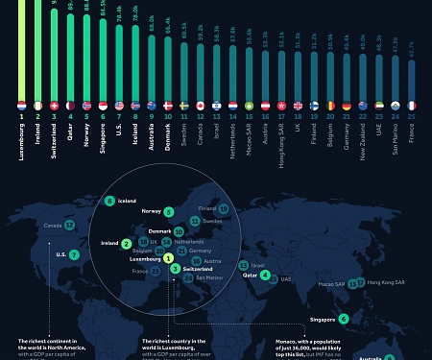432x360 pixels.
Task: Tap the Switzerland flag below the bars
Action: [55, 105]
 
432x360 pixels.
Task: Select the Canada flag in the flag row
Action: [201, 105]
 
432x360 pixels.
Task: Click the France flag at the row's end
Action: [412, 105]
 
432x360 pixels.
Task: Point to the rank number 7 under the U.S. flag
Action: [119, 116]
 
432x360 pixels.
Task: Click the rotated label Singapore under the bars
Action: [103, 140]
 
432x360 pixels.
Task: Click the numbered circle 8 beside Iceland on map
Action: [109, 201]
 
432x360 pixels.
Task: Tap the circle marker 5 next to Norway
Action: [168, 211]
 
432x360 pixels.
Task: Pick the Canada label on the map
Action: [52, 226]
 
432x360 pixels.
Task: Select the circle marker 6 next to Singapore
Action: [344, 318]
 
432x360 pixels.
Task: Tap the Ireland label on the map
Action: [109, 243]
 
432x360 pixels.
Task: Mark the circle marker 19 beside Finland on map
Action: [223, 207]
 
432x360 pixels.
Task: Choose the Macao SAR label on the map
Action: [332, 284]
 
